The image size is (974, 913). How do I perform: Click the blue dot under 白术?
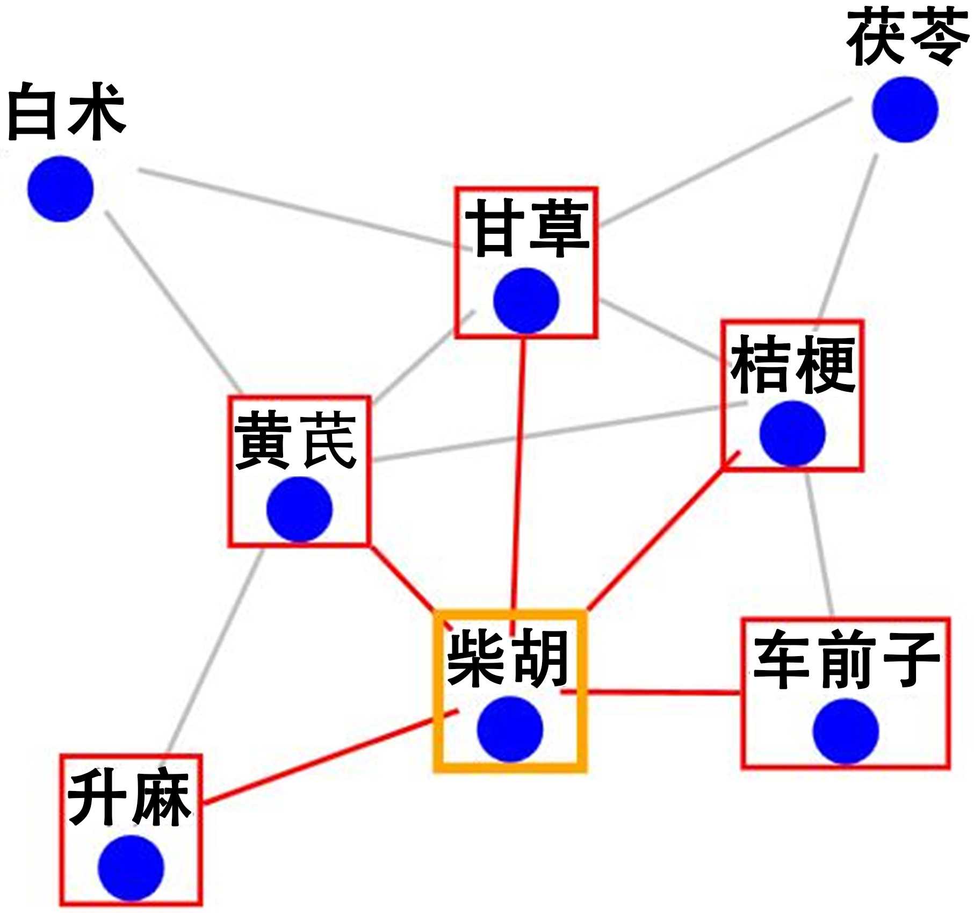click(x=61, y=189)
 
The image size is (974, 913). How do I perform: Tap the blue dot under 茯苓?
click(x=905, y=110)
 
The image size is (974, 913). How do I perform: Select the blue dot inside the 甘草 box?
click(x=526, y=300)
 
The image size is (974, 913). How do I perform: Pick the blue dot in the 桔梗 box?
click(x=792, y=434)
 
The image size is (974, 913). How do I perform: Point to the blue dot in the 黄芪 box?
click(x=299, y=509)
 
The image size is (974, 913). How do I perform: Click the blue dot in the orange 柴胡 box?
click(x=509, y=729)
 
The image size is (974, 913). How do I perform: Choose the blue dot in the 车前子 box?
click(x=845, y=731)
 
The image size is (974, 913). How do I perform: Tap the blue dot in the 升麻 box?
click(x=131, y=867)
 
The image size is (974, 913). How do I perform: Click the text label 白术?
click(x=67, y=112)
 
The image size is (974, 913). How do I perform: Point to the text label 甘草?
click(x=526, y=228)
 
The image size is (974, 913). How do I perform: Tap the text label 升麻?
click(x=129, y=799)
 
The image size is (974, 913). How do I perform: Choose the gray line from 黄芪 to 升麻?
click(x=215, y=650)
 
